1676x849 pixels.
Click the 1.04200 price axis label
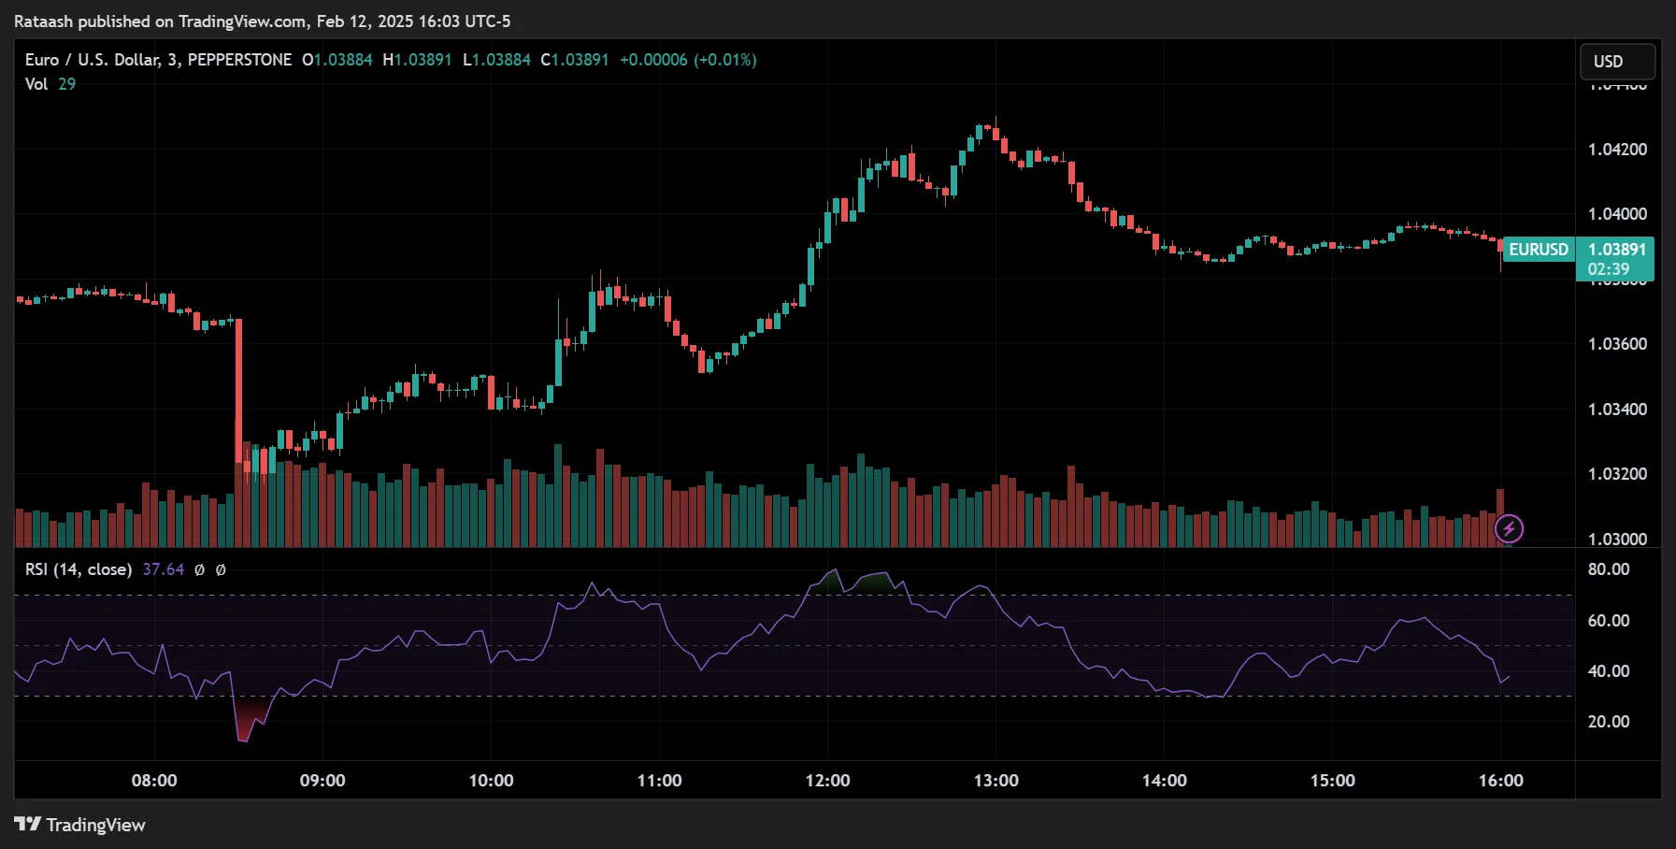point(1617,150)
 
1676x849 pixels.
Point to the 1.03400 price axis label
point(1617,410)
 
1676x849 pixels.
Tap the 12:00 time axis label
point(827,781)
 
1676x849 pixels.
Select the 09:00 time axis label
point(322,781)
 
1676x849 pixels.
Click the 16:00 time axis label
point(1500,781)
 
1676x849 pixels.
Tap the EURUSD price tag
point(1539,250)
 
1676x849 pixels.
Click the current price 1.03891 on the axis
point(1616,250)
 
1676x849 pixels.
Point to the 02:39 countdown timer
point(1608,269)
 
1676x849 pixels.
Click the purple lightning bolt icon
point(1509,529)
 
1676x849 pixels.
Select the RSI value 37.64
point(163,569)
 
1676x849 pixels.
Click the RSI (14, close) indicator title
point(79,569)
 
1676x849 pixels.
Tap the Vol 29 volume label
point(50,84)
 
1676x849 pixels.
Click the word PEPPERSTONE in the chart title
point(239,60)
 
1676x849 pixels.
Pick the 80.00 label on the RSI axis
point(1608,569)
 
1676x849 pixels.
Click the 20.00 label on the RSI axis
point(1608,722)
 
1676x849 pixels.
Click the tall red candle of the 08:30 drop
point(238,393)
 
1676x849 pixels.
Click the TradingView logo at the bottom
point(80,825)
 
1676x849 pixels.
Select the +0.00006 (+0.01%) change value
point(688,60)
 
